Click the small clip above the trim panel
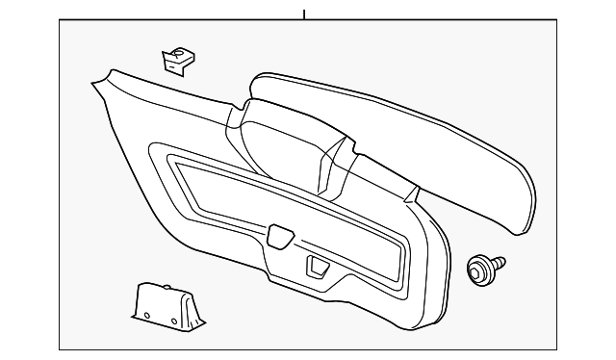(174, 60)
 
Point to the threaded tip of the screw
(502, 259)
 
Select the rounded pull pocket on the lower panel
(280, 233)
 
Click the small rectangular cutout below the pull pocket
(316, 265)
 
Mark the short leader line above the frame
(303, 14)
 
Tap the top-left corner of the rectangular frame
(60, 22)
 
